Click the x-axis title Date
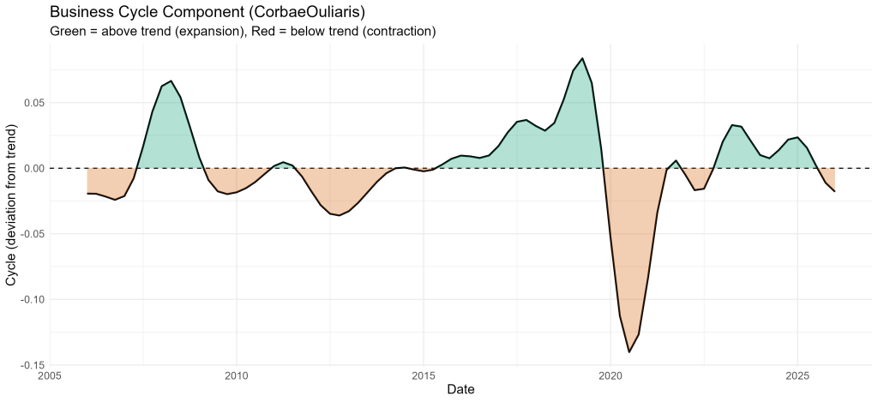(x=460, y=389)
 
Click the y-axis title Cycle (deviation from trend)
(x=11, y=205)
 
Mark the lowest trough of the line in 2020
(x=628, y=352)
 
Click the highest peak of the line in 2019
(x=582, y=58)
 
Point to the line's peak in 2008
(x=171, y=81)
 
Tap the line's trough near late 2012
(x=340, y=215)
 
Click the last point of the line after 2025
(x=834, y=191)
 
